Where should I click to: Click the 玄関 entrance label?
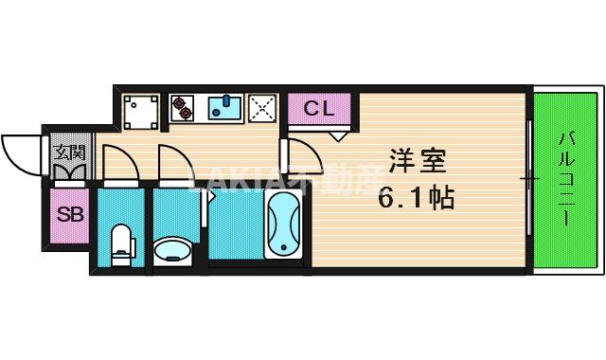[69, 151]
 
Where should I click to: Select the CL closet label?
[319, 108]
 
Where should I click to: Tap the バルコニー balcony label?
[566, 177]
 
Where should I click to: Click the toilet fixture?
[121, 244]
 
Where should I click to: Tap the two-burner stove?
[181, 109]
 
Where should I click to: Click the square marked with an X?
[261, 109]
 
